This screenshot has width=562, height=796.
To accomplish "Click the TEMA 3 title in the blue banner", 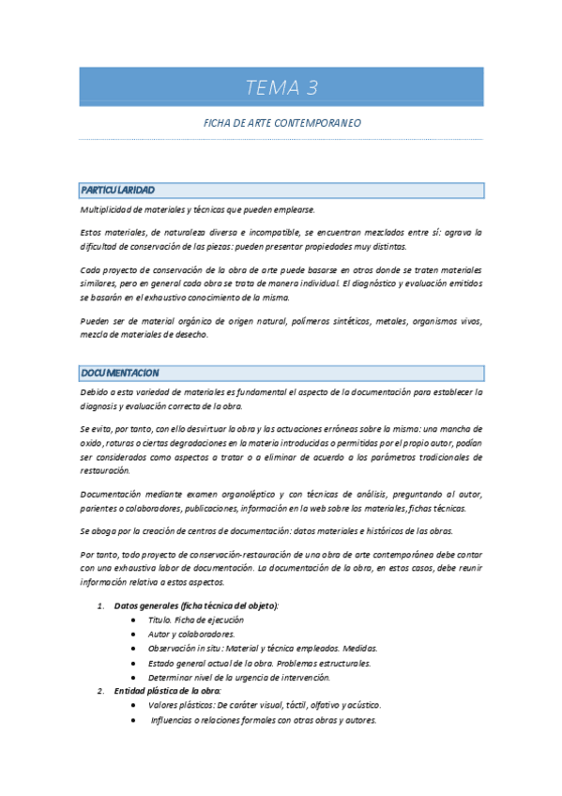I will pos(281,88).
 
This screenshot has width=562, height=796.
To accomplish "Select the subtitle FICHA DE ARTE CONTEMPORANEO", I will pos(281,123).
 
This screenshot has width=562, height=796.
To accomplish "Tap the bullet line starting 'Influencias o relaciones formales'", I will pos(263,720).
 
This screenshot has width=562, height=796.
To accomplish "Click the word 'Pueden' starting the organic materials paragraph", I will pos(96,321).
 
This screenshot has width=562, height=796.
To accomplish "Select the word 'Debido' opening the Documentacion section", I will pos(96,391).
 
